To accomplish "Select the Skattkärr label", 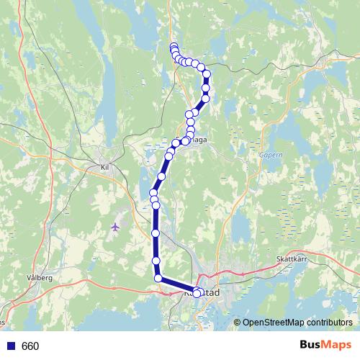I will pyautogui.click(x=291, y=259).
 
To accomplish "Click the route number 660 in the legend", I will pyautogui.click(x=30, y=346).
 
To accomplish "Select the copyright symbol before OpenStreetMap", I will pyautogui.click(x=238, y=323).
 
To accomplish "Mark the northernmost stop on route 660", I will pyautogui.click(x=174, y=48).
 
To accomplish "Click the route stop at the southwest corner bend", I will pyautogui.click(x=158, y=278).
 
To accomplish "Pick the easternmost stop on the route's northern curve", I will pyautogui.click(x=207, y=74).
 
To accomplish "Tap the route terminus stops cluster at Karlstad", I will pyautogui.click(x=198, y=292).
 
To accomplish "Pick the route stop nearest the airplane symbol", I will pyautogui.click(x=156, y=233).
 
